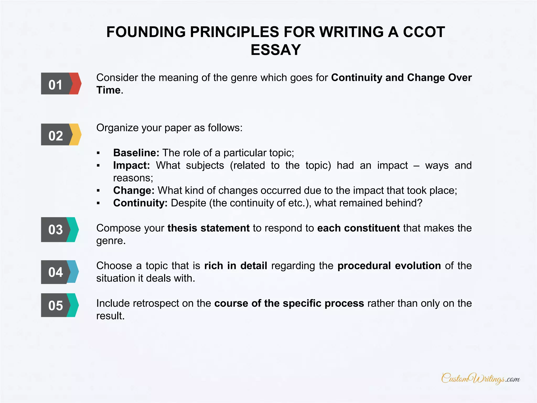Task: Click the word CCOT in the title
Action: [x=424, y=32]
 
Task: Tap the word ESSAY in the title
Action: [x=276, y=50]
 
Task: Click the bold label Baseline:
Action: [x=136, y=153]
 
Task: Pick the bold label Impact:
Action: [x=131, y=165]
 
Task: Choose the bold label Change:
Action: [x=134, y=190]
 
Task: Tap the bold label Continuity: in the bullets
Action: [x=140, y=203]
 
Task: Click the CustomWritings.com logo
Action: [x=480, y=379]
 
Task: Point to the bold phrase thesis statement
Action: [x=208, y=228]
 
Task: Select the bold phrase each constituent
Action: [x=358, y=228]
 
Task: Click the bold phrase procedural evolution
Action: [x=389, y=266]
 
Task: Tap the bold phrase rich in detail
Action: [x=236, y=266]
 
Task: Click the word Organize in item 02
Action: [x=117, y=128]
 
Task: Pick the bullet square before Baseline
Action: [x=98, y=153]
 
